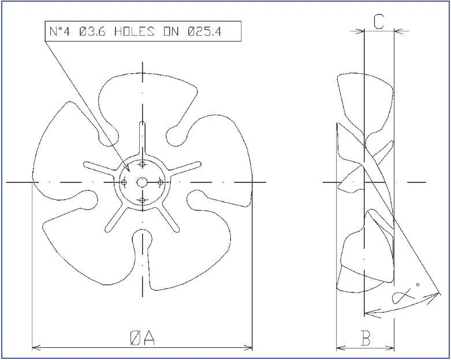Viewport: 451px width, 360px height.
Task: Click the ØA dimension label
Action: pyautogui.click(x=143, y=337)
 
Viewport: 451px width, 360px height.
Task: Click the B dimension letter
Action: pyautogui.click(x=366, y=338)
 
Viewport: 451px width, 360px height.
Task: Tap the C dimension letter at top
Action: pyautogui.click(x=378, y=21)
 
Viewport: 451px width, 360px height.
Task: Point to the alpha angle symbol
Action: pyautogui.click(x=402, y=295)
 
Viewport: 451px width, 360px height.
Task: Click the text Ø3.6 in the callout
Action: pyautogui.click(x=92, y=31)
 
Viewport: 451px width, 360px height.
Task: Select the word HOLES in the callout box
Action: pyautogui.click(x=135, y=31)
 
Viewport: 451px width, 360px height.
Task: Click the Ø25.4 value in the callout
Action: pyautogui.click(x=204, y=31)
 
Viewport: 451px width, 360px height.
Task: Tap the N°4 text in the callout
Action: pyautogui.click(x=59, y=31)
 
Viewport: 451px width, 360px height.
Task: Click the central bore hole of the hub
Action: pyautogui.click(x=142, y=182)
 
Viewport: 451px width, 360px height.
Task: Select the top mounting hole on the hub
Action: pyautogui.click(x=142, y=164)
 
